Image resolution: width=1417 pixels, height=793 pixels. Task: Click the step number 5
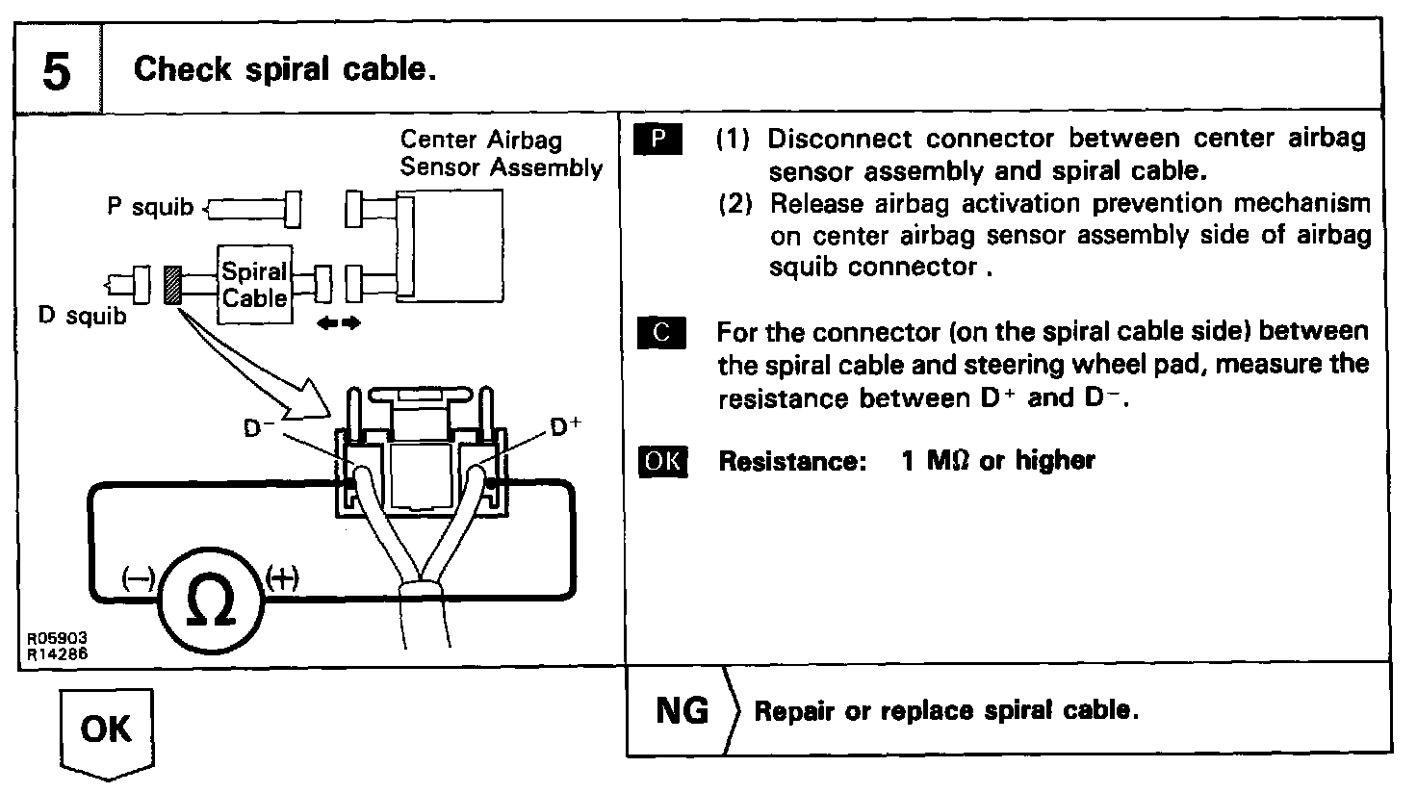(x=56, y=71)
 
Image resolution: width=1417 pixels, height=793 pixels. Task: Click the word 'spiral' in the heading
(x=288, y=69)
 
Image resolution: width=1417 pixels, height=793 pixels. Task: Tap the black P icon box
(x=657, y=139)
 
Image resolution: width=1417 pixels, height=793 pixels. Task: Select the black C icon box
(x=661, y=332)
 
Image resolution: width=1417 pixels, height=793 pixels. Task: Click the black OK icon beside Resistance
(x=663, y=462)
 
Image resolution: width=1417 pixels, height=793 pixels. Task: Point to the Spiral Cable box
(x=255, y=285)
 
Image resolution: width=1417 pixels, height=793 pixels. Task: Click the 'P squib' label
(x=150, y=207)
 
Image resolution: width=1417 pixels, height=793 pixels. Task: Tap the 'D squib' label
(x=82, y=315)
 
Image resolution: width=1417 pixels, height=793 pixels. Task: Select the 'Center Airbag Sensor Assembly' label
(x=501, y=154)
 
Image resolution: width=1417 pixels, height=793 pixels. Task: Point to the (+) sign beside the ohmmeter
(x=281, y=578)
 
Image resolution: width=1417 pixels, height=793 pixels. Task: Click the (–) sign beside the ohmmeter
(x=138, y=578)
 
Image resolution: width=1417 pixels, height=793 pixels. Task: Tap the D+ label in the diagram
(x=565, y=427)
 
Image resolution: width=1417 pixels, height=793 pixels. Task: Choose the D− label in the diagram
(x=259, y=428)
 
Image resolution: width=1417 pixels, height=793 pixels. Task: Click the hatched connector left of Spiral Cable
(x=172, y=285)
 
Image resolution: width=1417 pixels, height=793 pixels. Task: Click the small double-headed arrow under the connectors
(x=339, y=323)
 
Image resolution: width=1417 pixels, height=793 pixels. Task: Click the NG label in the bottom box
(x=682, y=711)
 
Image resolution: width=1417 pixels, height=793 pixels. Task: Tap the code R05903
(x=57, y=638)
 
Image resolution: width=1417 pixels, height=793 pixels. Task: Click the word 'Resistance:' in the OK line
(x=792, y=462)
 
